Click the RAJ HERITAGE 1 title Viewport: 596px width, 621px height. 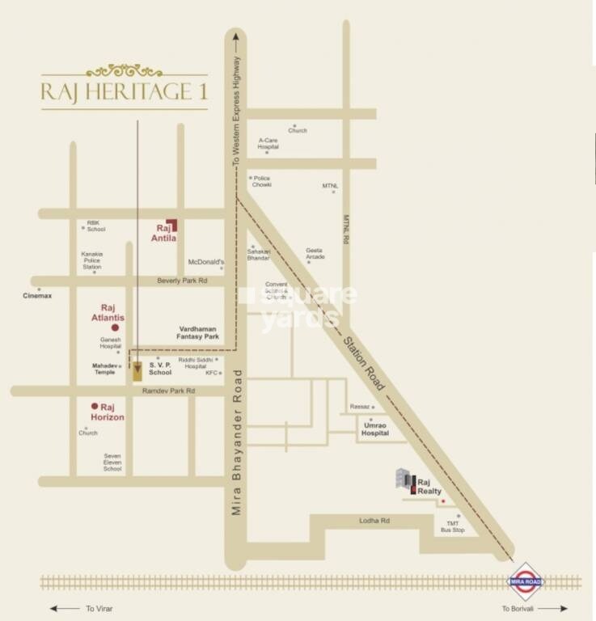pos(125,91)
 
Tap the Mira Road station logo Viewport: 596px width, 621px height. pos(526,581)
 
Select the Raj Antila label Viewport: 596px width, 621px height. pos(163,233)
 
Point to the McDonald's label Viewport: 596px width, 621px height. pos(205,262)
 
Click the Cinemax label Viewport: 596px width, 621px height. pos(37,296)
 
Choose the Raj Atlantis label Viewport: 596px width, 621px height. pos(112,313)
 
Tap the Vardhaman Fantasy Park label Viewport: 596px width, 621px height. pos(198,332)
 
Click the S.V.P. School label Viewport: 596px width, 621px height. pos(160,369)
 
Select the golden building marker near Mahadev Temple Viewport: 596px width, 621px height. pos(138,370)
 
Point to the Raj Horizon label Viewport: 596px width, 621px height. pos(108,412)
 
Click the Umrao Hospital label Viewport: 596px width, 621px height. pos(374,429)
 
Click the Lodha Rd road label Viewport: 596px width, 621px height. pos(374,521)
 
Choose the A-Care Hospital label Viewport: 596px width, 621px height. pos(268,143)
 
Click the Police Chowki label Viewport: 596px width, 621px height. pos(261,181)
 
